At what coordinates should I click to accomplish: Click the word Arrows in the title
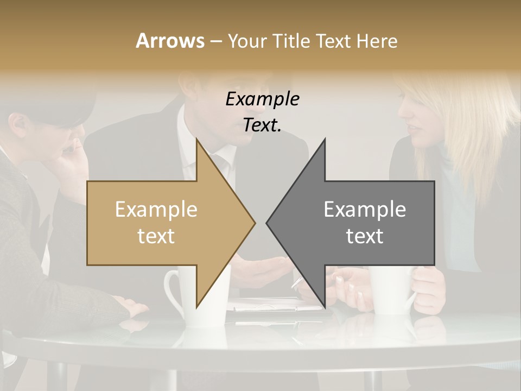pos(170,41)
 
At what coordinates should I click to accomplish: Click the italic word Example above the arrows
pos(262,99)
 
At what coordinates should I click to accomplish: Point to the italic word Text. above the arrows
pos(262,125)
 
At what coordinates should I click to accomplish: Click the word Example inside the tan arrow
pos(156,210)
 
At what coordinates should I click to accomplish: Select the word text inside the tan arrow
pos(156,236)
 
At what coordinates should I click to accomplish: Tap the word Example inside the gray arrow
pos(365,210)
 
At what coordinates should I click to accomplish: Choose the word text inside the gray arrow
pos(365,236)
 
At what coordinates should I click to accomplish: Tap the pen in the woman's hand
pos(297,282)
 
